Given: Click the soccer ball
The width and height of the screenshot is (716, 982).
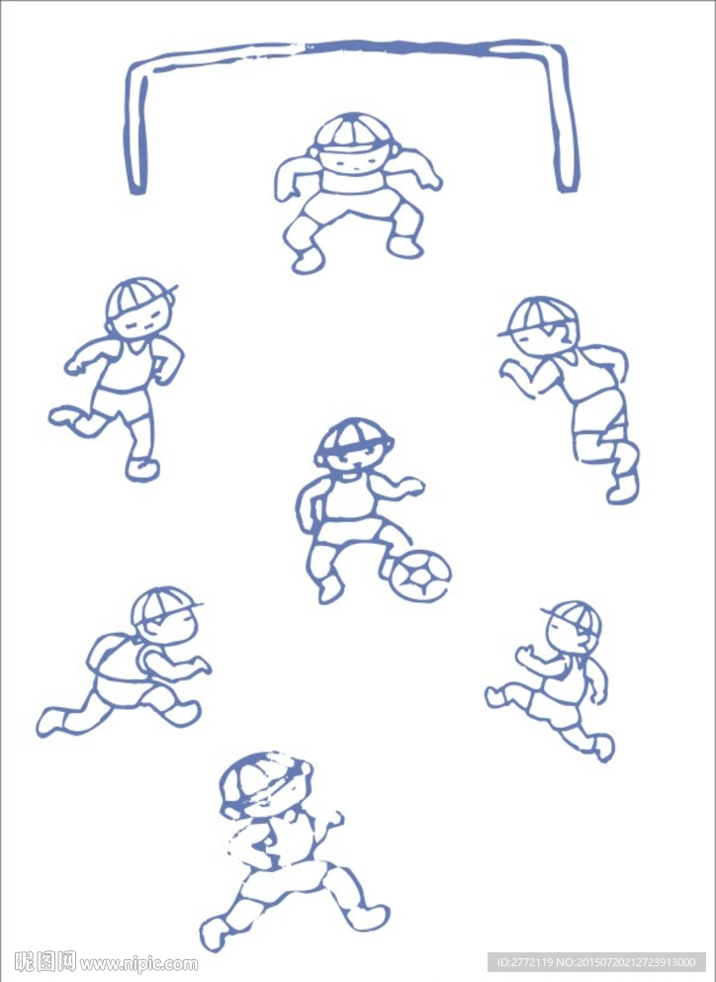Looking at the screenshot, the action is pyautogui.click(x=419, y=575).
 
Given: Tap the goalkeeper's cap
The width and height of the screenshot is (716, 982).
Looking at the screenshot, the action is pyautogui.click(x=353, y=133).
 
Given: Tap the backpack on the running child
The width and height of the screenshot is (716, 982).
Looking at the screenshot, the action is pyautogui.click(x=113, y=657).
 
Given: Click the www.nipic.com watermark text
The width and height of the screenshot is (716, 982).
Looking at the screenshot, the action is pyautogui.click(x=139, y=963).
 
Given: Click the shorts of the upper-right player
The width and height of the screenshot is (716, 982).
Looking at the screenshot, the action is pyautogui.click(x=598, y=413).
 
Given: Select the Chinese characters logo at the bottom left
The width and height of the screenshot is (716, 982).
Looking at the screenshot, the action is pyautogui.click(x=45, y=962).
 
